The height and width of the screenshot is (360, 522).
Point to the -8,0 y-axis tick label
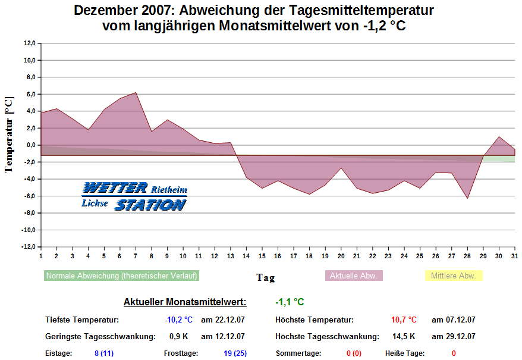coord(29,213)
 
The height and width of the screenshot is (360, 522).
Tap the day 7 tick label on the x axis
coord(136,256)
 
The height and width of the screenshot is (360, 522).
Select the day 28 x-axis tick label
coord(467,256)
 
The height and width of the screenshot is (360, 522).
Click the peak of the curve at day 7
coord(136,93)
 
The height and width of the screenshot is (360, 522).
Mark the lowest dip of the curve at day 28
coord(467,198)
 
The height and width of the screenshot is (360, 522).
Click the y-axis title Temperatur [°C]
coord(8,134)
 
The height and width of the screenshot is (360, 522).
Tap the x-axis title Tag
coord(265,277)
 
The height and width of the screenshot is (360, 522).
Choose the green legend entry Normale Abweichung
coord(121,276)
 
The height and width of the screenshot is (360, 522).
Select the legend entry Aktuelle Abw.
coord(353,276)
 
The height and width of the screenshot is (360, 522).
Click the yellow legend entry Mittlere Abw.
coord(453,276)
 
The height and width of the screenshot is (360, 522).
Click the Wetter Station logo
coord(134,196)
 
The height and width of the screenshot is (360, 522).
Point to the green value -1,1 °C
coord(290,302)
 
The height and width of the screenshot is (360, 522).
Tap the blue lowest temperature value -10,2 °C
coord(178,320)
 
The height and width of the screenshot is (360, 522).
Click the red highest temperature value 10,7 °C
coord(404,320)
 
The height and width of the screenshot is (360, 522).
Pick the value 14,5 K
coord(404,337)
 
